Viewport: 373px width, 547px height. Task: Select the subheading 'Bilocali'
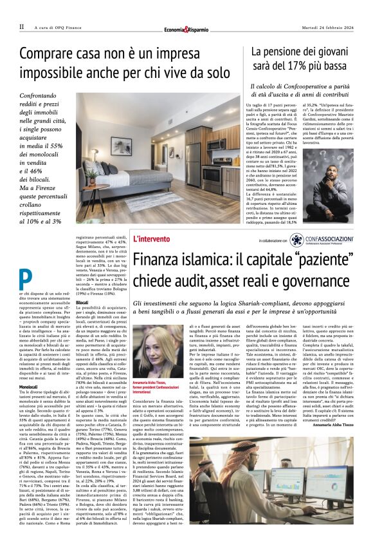pos(82,302)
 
